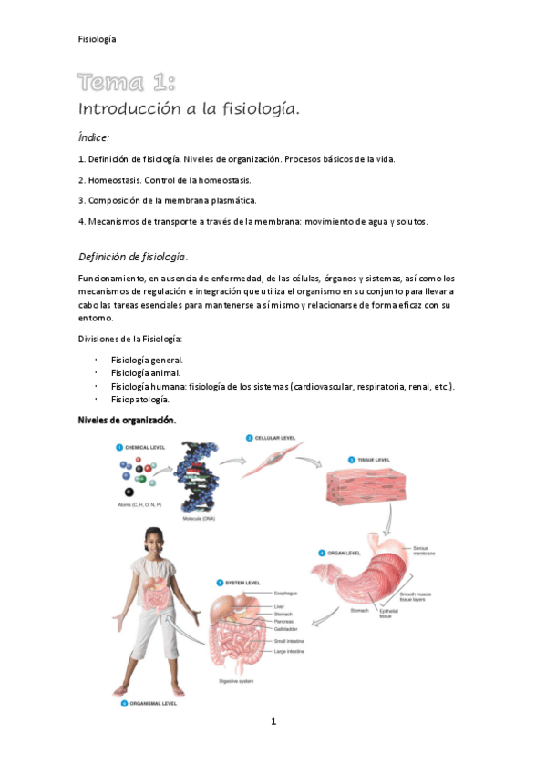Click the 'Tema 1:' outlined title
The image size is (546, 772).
pyautogui.click(x=127, y=83)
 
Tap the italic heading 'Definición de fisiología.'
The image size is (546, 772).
pyautogui.click(x=133, y=257)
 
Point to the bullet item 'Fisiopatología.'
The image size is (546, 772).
pyautogui.click(x=141, y=399)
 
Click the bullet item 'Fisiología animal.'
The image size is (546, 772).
pyautogui.click(x=145, y=372)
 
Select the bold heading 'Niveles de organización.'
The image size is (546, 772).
pyautogui.click(x=128, y=420)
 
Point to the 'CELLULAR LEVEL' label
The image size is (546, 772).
pyautogui.click(x=275, y=438)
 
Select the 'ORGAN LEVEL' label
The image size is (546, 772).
pyautogui.click(x=347, y=553)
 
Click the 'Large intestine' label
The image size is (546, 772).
pyautogui.click(x=291, y=652)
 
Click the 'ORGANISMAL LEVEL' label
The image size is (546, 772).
pyautogui.click(x=152, y=704)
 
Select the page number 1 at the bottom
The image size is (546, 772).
pyautogui.click(x=273, y=722)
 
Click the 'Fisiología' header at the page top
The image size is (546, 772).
pyautogui.click(x=97, y=38)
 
